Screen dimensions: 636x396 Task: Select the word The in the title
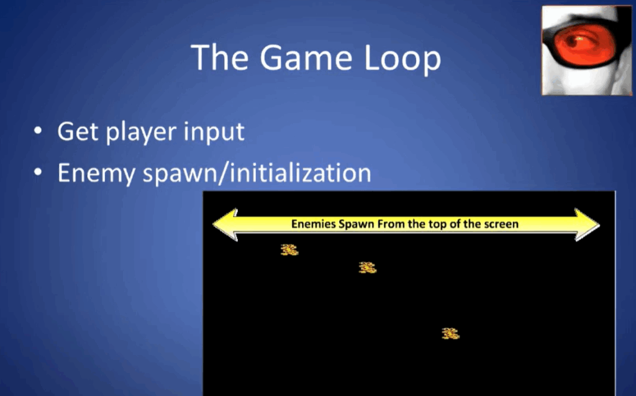click(219, 57)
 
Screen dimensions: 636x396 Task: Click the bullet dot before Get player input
click(38, 131)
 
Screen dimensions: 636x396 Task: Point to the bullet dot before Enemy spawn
click(38, 172)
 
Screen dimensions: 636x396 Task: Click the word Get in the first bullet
click(78, 132)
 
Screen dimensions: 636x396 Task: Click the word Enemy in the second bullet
click(96, 174)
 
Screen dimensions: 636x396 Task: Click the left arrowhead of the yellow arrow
click(225, 224)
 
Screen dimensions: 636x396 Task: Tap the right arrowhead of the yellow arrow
click(587, 224)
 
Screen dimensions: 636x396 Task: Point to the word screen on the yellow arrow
click(502, 224)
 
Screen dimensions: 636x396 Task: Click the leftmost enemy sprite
click(289, 250)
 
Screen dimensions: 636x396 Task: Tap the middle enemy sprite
click(368, 268)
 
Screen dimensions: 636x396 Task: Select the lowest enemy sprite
click(450, 333)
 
